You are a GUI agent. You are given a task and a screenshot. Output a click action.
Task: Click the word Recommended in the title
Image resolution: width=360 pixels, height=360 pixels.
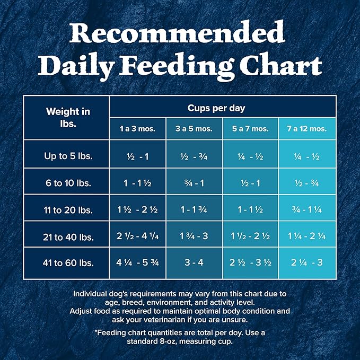click(180, 33)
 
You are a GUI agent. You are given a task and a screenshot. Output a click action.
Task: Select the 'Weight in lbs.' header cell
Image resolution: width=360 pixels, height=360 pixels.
click(67, 117)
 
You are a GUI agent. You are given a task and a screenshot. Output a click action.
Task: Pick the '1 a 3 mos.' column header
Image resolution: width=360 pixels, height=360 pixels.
click(137, 129)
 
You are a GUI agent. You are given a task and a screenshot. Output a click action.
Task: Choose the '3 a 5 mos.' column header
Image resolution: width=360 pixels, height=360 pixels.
click(194, 129)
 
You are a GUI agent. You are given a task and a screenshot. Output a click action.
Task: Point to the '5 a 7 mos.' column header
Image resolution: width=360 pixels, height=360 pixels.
click(250, 129)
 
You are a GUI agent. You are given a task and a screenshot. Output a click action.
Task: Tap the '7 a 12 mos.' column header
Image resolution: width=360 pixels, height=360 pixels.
click(307, 129)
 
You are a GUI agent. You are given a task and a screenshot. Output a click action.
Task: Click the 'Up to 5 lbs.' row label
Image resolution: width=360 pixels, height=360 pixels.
click(67, 156)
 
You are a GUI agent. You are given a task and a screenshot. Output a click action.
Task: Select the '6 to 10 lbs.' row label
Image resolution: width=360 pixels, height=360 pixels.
click(67, 182)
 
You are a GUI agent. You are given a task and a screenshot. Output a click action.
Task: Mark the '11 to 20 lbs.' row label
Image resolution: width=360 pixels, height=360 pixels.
click(67, 209)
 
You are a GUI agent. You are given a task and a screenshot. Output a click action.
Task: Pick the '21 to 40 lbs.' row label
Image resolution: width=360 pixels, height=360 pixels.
click(67, 236)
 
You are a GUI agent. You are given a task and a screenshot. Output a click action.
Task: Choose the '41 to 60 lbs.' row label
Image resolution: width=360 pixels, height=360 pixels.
click(67, 263)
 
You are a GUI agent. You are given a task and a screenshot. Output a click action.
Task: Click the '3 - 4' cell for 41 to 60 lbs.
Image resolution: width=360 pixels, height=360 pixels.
click(194, 263)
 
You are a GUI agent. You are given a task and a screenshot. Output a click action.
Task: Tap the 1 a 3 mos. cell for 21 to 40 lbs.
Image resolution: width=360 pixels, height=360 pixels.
click(137, 236)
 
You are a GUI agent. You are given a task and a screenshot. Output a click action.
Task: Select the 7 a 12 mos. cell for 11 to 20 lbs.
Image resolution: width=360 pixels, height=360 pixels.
click(307, 209)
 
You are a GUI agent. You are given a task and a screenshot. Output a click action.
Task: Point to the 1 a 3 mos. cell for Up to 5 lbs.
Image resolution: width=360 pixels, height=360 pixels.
click(137, 156)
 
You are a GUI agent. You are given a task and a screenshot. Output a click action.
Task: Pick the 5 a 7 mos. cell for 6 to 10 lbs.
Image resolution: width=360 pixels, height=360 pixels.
click(250, 182)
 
